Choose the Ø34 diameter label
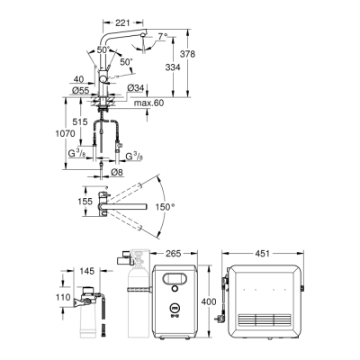136,87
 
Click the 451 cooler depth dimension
264,253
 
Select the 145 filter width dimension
86,270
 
